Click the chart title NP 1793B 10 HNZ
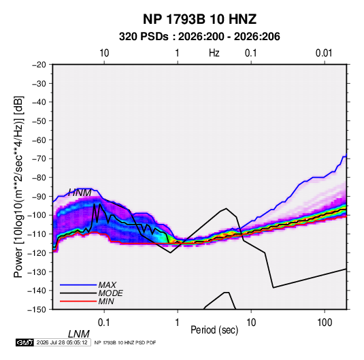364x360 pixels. (x=199, y=19)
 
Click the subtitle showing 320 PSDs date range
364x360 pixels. (x=199, y=37)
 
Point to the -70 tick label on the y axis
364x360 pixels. (x=39, y=159)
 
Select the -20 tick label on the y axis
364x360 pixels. (x=39, y=65)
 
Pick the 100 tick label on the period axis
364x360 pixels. (x=325, y=323)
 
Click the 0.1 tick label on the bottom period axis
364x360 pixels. (x=104, y=323)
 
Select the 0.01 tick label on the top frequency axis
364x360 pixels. (x=324, y=53)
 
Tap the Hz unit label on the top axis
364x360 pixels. (x=214, y=53)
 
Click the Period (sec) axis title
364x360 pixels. (x=214, y=330)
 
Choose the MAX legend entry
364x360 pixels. (x=107, y=285)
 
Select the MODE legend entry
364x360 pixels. (x=110, y=293)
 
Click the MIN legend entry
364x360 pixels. (x=106, y=301)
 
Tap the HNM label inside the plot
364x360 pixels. (x=80, y=193)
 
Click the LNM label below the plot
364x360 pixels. (x=79, y=334)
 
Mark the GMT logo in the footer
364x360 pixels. (x=25, y=342)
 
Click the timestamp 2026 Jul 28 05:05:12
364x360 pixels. (x=62, y=342)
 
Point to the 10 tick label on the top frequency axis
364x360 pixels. (x=104, y=53)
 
